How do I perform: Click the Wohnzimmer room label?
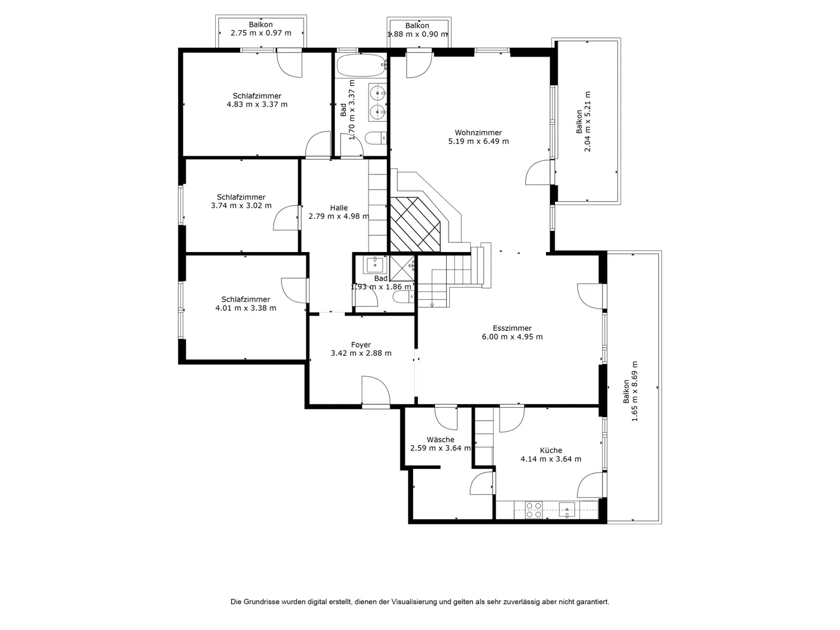click(x=478, y=133)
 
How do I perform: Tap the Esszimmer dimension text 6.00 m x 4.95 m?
click(x=512, y=337)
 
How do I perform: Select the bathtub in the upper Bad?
click(x=362, y=65)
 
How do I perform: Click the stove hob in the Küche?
click(x=534, y=510)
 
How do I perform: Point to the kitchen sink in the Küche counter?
click(x=567, y=510)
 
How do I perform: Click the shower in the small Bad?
click(x=402, y=268)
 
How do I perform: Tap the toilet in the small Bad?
click(x=404, y=296)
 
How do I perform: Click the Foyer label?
click(x=361, y=345)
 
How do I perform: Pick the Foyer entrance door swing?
click(x=376, y=390)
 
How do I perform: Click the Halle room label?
click(x=339, y=208)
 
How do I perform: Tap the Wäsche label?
click(x=440, y=439)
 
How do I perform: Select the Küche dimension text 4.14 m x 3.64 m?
click(x=551, y=459)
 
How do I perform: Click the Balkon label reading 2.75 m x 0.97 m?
click(x=261, y=29)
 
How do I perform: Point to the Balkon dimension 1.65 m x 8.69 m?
click(x=635, y=391)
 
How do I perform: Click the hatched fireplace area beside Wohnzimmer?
click(x=415, y=225)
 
